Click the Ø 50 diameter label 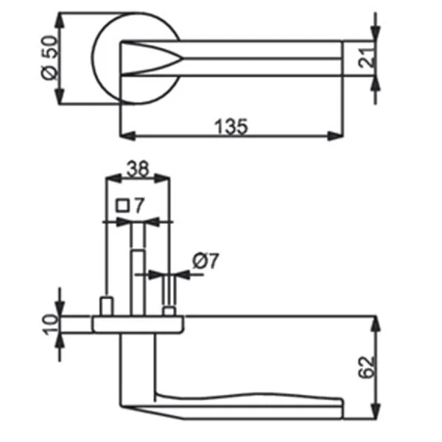click(50, 57)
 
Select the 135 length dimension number click(231, 127)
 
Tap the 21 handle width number click(367, 58)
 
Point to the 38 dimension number click(138, 169)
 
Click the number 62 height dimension click(366, 368)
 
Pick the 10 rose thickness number click(51, 325)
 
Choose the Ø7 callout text click(206, 261)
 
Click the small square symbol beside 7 click(122, 206)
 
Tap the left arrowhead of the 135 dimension click(127, 136)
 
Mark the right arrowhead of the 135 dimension click(335, 136)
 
